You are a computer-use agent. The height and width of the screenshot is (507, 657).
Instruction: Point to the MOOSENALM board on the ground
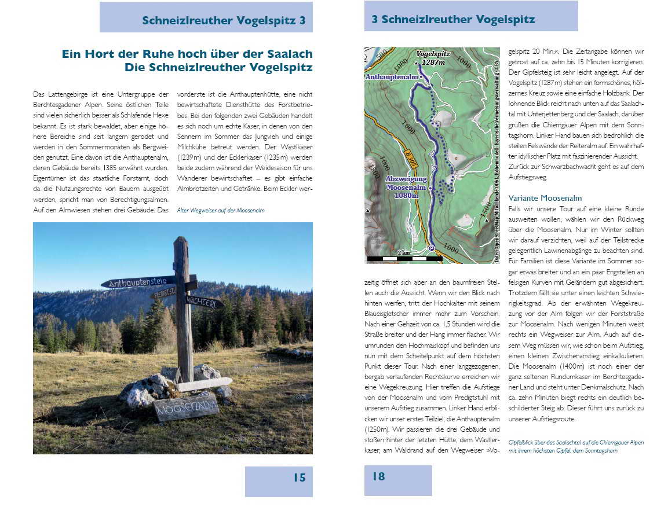pyautogui.click(x=186, y=408)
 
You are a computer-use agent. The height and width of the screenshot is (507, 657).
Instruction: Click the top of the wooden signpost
pyautogui.click(x=181, y=241)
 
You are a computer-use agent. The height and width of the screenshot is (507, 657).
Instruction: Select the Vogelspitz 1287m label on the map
pyautogui.click(x=433, y=57)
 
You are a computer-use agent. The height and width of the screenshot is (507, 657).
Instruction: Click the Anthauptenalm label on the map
pyautogui.click(x=392, y=76)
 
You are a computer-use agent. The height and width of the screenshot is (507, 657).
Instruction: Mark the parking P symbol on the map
pyautogui.click(x=431, y=248)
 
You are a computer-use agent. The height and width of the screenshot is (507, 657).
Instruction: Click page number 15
pyautogui.click(x=299, y=477)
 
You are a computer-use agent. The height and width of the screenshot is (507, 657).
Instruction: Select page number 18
pyautogui.click(x=378, y=476)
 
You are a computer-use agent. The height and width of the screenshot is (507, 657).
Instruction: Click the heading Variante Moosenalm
pyautogui.click(x=545, y=198)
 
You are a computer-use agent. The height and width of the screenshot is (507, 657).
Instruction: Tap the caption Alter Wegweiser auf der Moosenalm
pyautogui.click(x=221, y=211)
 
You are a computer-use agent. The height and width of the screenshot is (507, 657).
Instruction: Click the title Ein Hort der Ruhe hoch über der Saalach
pyautogui.click(x=187, y=54)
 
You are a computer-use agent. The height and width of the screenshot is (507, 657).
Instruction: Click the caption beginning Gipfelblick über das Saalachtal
pyautogui.click(x=576, y=446)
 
